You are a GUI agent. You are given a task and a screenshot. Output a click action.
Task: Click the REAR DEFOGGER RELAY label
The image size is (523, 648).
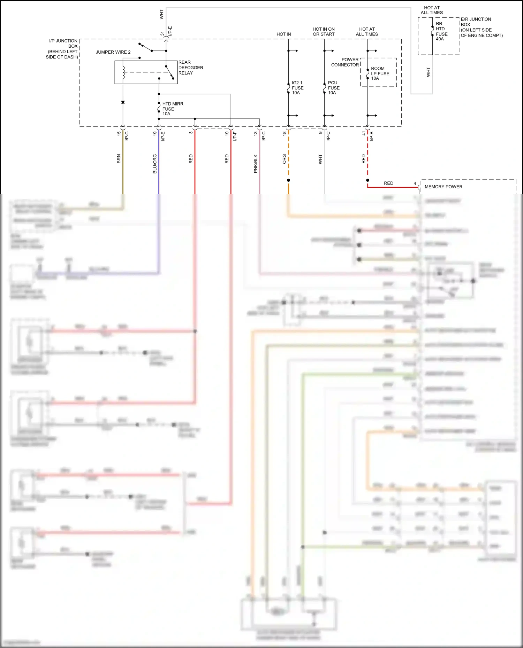click(x=190, y=68)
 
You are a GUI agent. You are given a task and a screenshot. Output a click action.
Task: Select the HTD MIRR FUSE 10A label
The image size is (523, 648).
click(x=172, y=109)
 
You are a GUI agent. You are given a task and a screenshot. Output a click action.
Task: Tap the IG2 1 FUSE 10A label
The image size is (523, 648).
click(x=297, y=88)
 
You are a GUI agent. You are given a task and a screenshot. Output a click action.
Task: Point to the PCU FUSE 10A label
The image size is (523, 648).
click(x=333, y=88)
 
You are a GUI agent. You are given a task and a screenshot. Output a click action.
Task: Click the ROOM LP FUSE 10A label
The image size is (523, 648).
click(x=380, y=73)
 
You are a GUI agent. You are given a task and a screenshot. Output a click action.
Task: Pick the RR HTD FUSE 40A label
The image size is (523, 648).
click(x=441, y=31)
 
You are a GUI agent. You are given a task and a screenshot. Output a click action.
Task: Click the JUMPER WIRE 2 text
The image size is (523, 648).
click(x=113, y=52)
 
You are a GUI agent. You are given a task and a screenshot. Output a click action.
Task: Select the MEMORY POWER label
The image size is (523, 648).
click(x=443, y=187)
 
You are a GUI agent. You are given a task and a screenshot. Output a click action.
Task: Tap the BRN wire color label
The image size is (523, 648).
click(x=119, y=159)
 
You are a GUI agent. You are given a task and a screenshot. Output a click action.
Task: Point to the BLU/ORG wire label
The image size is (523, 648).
click(x=155, y=164)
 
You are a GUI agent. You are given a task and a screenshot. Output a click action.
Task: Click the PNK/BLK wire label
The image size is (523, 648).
click(x=256, y=164)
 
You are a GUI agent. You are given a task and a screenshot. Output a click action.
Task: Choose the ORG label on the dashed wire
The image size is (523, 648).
click(x=285, y=159)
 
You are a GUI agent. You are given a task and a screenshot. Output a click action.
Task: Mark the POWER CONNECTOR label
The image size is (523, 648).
click(x=345, y=62)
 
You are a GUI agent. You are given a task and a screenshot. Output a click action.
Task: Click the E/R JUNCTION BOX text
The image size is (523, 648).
click(x=476, y=22)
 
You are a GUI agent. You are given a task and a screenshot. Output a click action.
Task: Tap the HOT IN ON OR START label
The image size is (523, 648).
click(x=324, y=32)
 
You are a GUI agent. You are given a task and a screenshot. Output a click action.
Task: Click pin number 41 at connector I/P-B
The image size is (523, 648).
click(x=364, y=133)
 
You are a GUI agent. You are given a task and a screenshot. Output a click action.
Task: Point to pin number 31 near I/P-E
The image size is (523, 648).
click(x=162, y=34)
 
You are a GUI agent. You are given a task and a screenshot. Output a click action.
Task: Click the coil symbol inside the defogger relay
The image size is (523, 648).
click(x=123, y=72)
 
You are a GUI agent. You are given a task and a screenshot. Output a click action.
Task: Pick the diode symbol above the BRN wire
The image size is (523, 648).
click(x=123, y=102)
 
